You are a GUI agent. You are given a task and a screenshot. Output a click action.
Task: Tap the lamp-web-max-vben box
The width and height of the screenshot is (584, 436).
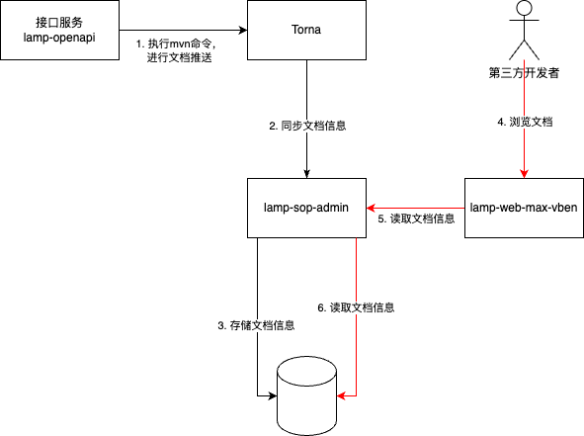pos(523,208)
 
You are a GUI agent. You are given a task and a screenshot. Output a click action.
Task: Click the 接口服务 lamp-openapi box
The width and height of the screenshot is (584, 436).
pos(61,30)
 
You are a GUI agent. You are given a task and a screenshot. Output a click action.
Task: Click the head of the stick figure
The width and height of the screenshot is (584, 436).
pos(524,10)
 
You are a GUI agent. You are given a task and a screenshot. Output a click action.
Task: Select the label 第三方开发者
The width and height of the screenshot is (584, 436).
pos(524,72)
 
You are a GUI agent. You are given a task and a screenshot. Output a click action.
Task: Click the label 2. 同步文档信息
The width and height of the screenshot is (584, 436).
pos(307,127)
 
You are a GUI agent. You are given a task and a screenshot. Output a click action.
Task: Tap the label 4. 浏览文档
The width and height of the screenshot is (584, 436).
pos(524,122)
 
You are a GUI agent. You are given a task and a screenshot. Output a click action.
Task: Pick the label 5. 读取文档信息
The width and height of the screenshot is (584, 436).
pos(416,218)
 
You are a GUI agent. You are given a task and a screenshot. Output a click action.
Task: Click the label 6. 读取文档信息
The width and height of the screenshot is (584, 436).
pos(356,307)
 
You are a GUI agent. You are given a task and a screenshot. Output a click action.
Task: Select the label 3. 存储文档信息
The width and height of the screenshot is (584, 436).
pos(256,325)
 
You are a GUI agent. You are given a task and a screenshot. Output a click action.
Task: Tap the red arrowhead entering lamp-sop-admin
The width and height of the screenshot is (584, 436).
pos(372,208)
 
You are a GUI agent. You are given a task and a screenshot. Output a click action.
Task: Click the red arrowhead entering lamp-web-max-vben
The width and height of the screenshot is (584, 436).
pos(524,172)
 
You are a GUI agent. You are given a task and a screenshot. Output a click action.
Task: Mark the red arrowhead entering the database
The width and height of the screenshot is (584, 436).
pos(342,395)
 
